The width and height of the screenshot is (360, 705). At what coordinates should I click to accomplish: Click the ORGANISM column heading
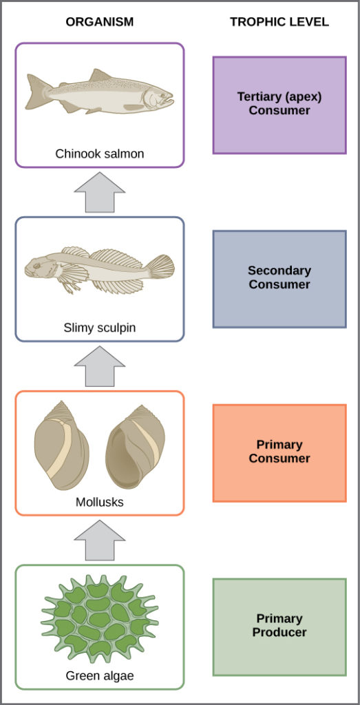point(99,22)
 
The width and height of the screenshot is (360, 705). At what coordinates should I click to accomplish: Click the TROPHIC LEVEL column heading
point(279,22)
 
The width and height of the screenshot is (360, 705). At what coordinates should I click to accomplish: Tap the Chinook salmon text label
point(100,154)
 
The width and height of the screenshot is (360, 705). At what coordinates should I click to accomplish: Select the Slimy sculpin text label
point(100,328)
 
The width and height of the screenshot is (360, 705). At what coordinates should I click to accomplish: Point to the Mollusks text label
point(100,502)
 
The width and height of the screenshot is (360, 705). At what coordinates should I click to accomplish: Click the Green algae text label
point(100,675)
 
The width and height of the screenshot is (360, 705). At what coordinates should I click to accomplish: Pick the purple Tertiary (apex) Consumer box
point(279,105)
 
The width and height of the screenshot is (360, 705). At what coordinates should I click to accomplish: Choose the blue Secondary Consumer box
point(279,278)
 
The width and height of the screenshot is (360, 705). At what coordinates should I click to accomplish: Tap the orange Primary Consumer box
point(279,452)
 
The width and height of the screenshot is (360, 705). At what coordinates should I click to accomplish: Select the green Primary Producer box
point(279,627)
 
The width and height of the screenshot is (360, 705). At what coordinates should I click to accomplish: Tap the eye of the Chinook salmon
point(160,93)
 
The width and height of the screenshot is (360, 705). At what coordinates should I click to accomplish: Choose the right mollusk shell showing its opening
point(136,447)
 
